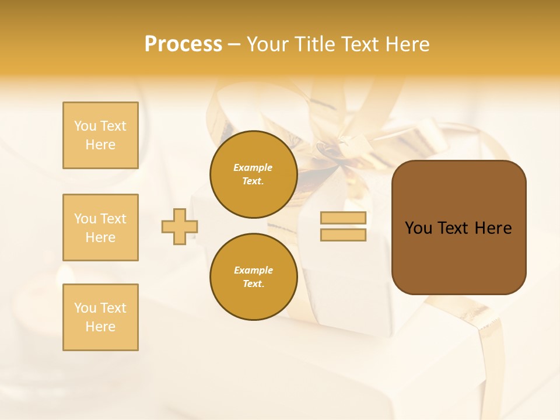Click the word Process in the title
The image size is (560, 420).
(183, 44)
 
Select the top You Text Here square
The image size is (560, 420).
(100, 135)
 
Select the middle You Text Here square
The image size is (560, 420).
(100, 228)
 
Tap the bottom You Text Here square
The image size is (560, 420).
(100, 317)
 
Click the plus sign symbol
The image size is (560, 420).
(180, 227)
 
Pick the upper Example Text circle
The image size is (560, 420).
(253, 174)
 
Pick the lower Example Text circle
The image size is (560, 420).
(253, 277)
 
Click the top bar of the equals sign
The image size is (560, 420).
(343, 218)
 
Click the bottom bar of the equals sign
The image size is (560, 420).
(343, 235)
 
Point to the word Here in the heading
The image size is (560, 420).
(406, 44)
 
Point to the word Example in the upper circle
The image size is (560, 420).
(253, 168)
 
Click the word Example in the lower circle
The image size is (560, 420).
(253, 271)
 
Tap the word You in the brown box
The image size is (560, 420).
(418, 228)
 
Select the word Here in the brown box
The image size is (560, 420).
(493, 228)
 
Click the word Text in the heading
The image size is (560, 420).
(359, 44)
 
